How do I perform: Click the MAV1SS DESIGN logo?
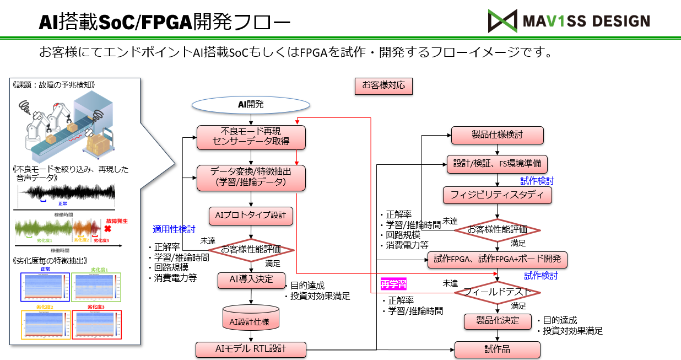(569, 21)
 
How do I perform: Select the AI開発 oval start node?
(251, 104)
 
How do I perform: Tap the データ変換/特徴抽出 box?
(251, 177)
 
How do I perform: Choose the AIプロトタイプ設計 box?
(251, 216)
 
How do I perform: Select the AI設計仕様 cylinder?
(251, 319)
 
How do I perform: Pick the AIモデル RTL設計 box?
(251, 349)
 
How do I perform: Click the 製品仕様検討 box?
(497, 135)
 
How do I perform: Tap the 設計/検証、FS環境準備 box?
(497, 164)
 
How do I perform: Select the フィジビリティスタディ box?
(497, 195)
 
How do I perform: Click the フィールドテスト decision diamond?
(497, 292)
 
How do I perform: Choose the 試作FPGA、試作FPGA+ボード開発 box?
(497, 259)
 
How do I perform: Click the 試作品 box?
(497, 350)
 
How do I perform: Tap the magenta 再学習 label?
(394, 284)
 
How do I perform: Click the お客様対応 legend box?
(383, 85)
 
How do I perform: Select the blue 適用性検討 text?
(173, 229)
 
